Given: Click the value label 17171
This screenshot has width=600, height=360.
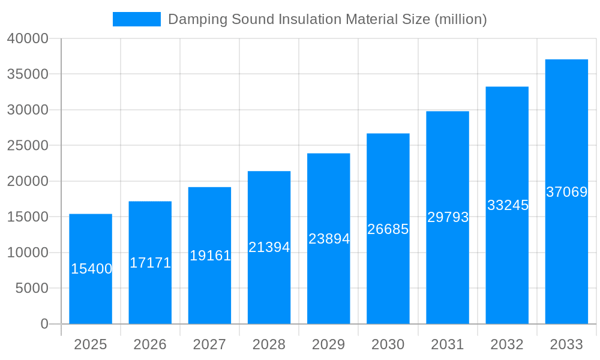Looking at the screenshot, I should (151, 263).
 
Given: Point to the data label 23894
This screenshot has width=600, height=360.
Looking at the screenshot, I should (329, 239).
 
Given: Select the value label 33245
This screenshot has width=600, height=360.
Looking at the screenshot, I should (508, 205).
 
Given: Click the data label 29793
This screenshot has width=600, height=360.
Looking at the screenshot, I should (448, 217).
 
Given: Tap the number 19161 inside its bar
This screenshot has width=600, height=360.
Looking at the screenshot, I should (210, 256).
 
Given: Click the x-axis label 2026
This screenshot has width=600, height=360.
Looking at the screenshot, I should (150, 344).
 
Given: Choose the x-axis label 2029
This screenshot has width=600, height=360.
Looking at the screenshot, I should (329, 344).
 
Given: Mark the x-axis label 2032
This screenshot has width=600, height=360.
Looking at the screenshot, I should (507, 344).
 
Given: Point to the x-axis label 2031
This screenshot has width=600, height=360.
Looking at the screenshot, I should (448, 344).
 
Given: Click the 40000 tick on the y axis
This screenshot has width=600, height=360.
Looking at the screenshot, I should (28, 38).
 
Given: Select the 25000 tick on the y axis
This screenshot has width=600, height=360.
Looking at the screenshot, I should (28, 146).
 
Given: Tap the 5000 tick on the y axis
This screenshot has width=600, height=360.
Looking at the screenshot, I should (31, 289).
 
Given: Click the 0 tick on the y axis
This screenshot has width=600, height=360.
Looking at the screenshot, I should (44, 324).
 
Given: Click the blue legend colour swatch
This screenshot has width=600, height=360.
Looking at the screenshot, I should (136, 19).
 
